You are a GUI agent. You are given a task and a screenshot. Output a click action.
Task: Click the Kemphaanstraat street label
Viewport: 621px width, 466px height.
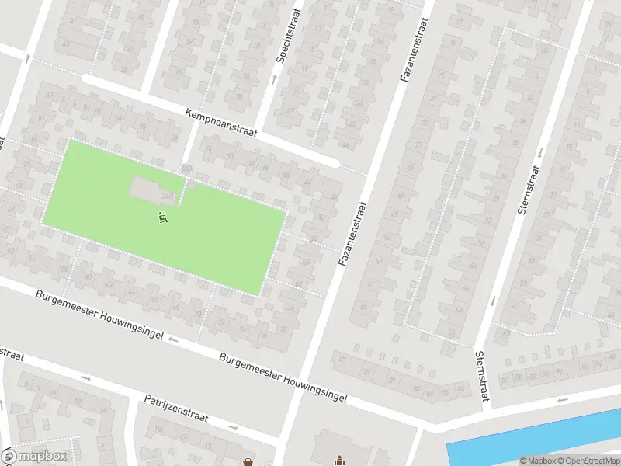[222, 124]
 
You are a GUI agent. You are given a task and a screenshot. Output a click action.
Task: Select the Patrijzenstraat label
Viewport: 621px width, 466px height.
[176, 409]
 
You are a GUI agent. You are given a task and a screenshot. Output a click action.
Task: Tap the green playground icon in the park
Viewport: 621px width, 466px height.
[163, 218]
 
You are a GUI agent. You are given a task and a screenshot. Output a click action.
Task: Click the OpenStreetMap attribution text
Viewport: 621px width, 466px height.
[590, 461]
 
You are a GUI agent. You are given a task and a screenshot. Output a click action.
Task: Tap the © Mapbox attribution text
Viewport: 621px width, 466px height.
[539, 461]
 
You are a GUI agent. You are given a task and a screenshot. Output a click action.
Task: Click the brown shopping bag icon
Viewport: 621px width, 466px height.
[248, 461]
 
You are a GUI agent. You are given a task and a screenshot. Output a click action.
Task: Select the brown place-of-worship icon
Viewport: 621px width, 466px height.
[339, 461]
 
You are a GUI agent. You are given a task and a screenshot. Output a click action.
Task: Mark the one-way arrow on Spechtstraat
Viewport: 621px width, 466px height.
[273, 79]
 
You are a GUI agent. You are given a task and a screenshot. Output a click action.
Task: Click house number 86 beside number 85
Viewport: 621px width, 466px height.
[461, 388]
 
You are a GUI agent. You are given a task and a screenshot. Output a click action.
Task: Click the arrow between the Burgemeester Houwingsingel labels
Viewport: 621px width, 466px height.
[172, 339]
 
